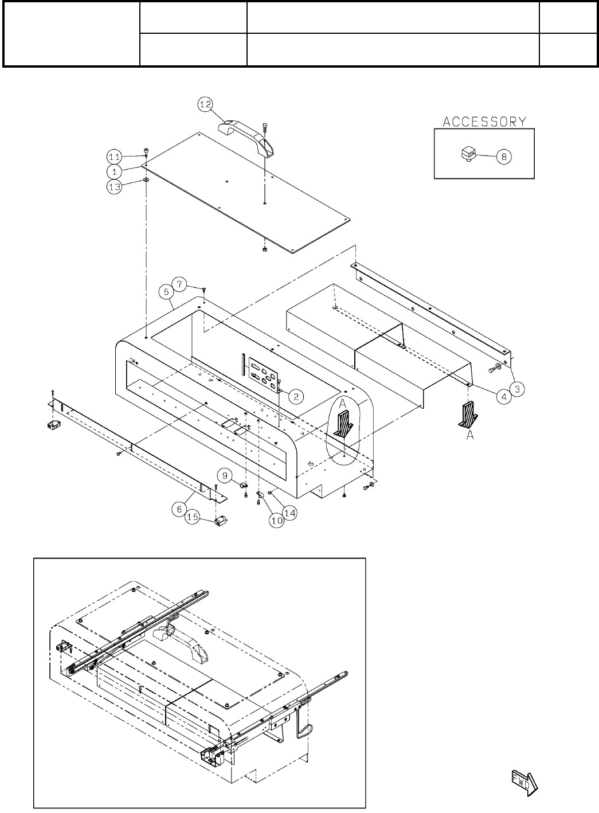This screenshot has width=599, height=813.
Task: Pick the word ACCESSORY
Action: coord(484,121)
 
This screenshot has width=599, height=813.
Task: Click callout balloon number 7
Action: coord(180,284)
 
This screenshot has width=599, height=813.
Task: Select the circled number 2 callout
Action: coord(295,395)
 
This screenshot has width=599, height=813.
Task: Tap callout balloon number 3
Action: coord(517,389)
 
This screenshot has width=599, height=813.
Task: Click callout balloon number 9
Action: coord(224,475)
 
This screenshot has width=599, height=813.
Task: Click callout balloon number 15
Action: coord(193,518)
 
